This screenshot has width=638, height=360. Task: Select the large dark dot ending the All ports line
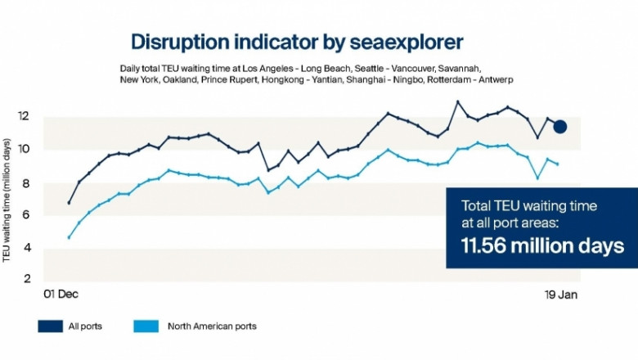tap(560, 126)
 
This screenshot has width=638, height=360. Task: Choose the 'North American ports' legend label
tap(212, 326)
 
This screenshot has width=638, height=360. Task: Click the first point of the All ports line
tap(69, 202)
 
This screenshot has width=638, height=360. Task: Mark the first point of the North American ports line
tap(69, 237)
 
